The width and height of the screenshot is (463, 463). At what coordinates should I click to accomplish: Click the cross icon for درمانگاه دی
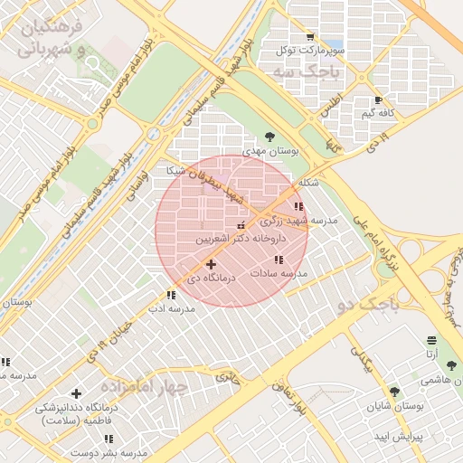coord(211,265)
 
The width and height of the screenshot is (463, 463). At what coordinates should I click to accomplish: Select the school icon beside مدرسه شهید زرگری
coord(299,207)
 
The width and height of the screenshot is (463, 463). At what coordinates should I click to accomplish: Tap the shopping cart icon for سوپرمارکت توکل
coord(310,37)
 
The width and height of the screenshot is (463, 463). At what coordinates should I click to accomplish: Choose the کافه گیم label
coord(380,113)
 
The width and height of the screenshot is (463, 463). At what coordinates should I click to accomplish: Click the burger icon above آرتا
coord(433,341)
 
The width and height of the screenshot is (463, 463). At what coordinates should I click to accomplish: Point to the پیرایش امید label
coord(395,436)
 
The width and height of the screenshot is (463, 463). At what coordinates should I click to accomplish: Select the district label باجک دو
coord(364,304)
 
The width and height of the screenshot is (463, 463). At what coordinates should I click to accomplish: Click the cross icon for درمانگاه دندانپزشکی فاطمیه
coord(76,394)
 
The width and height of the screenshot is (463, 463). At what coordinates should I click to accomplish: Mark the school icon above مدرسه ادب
coord(171,295)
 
